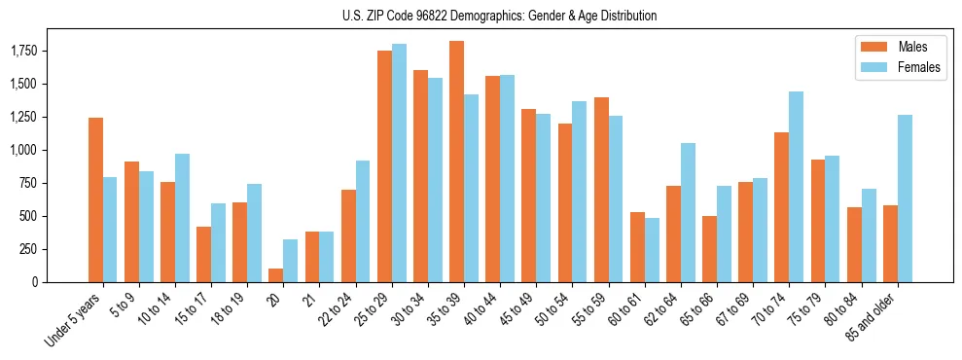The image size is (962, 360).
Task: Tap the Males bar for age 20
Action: point(275,275)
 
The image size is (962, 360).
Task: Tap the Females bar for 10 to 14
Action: point(182,218)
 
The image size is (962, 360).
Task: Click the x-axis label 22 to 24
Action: point(342,310)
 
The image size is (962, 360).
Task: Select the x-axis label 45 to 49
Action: point(487,310)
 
